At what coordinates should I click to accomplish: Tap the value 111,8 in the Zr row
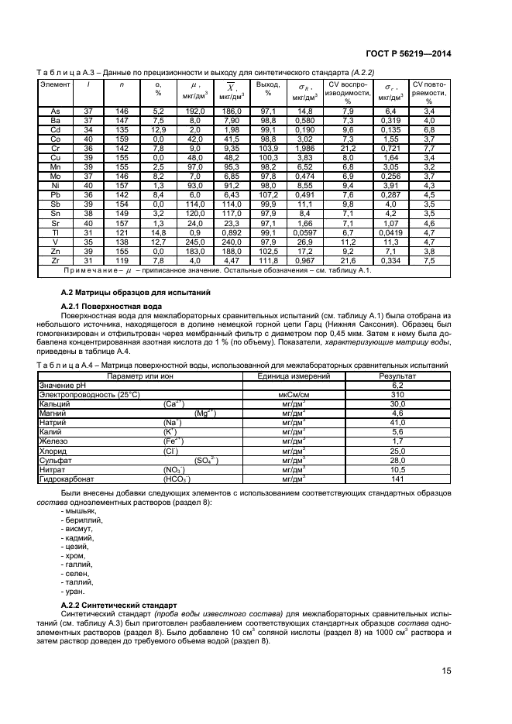click(x=268, y=261)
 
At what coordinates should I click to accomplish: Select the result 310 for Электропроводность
click(x=398, y=394)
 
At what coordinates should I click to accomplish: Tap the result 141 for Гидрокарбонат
click(x=398, y=479)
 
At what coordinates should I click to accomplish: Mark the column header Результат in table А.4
click(x=398, y=376)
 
